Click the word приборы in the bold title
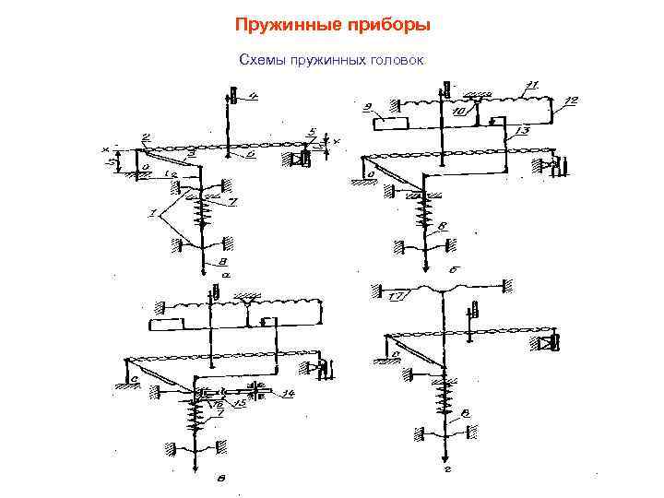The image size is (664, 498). (390, 24)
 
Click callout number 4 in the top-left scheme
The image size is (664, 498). (253, 95)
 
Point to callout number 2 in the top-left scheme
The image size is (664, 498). (145, 137)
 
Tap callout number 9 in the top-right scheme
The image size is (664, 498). (368, 106)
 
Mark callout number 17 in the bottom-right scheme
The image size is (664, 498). (398, 296)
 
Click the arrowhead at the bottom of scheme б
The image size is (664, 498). (425, 267)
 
